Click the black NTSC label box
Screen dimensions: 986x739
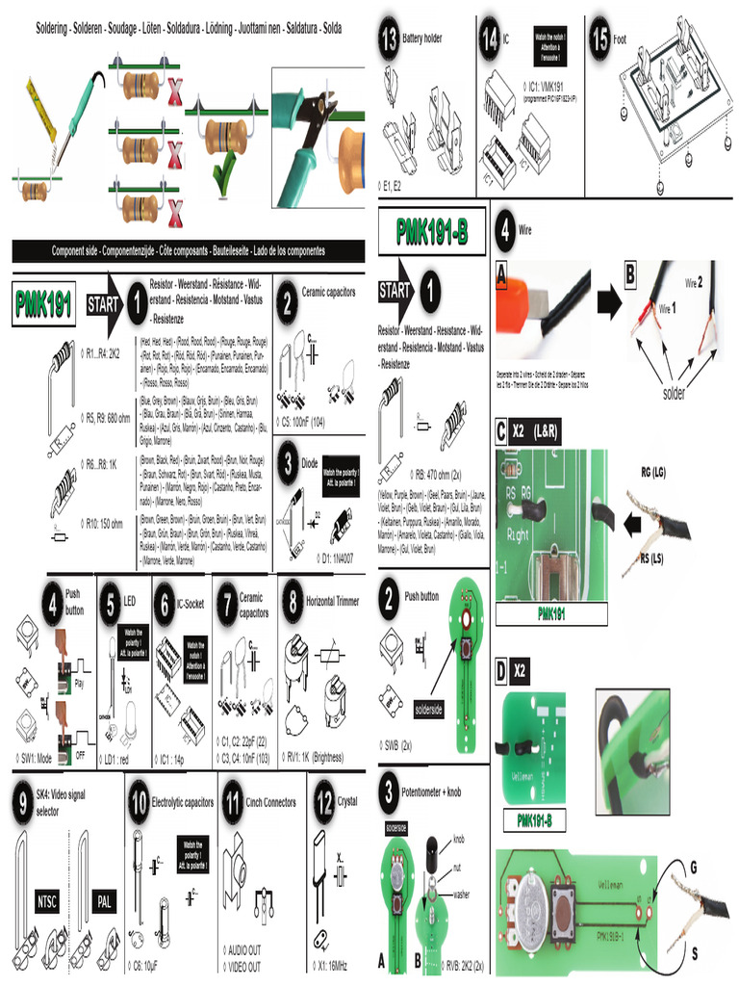tap(47, 901)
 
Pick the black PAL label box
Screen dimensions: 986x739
tap(103, 901)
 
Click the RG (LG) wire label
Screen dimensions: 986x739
tap(652, 473)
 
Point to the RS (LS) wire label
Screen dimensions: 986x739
tap(650, 558)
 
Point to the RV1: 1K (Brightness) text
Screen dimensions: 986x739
tap(321, 756)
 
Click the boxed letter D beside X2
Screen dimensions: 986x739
tap(501, 669)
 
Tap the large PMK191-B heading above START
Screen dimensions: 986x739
tap(432, 232)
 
